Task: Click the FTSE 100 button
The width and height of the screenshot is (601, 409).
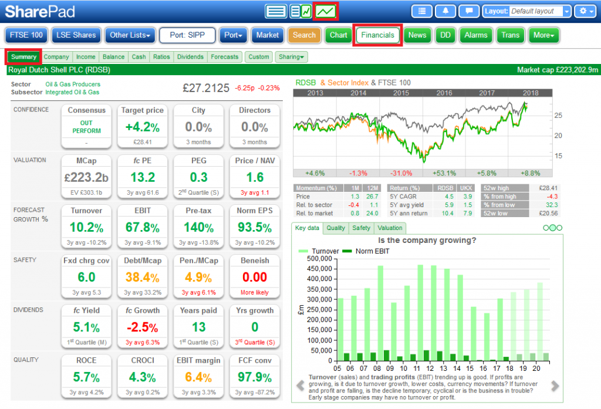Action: coord(26,35)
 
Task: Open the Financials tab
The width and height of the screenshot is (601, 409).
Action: coord(377,35)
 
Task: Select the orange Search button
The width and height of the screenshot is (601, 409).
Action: coord(304,35)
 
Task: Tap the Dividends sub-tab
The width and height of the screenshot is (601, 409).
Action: coord(190,57)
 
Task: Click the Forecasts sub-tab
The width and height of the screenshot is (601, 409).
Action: coord(225,57)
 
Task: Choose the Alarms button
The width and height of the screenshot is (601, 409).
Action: coord(475,35)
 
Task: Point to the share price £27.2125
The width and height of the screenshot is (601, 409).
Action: coord(205,88)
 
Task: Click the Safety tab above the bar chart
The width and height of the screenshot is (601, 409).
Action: coord(362,228)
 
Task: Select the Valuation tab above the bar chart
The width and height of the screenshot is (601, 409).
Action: coord(390,228)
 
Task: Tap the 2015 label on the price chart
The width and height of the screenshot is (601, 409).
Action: coord(401,93)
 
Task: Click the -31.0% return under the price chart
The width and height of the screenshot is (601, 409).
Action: coord(401,173)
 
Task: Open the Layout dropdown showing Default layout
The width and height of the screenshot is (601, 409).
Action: coord(539,11)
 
